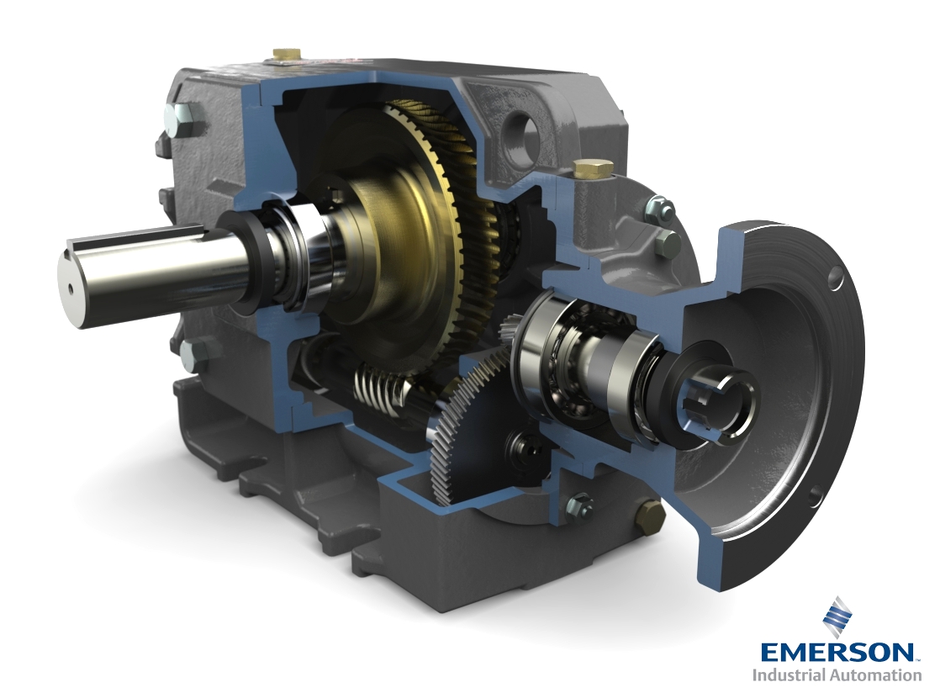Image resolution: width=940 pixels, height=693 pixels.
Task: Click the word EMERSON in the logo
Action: [837, 653]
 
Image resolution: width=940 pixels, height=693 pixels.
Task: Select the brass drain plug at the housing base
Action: [648, 513]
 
